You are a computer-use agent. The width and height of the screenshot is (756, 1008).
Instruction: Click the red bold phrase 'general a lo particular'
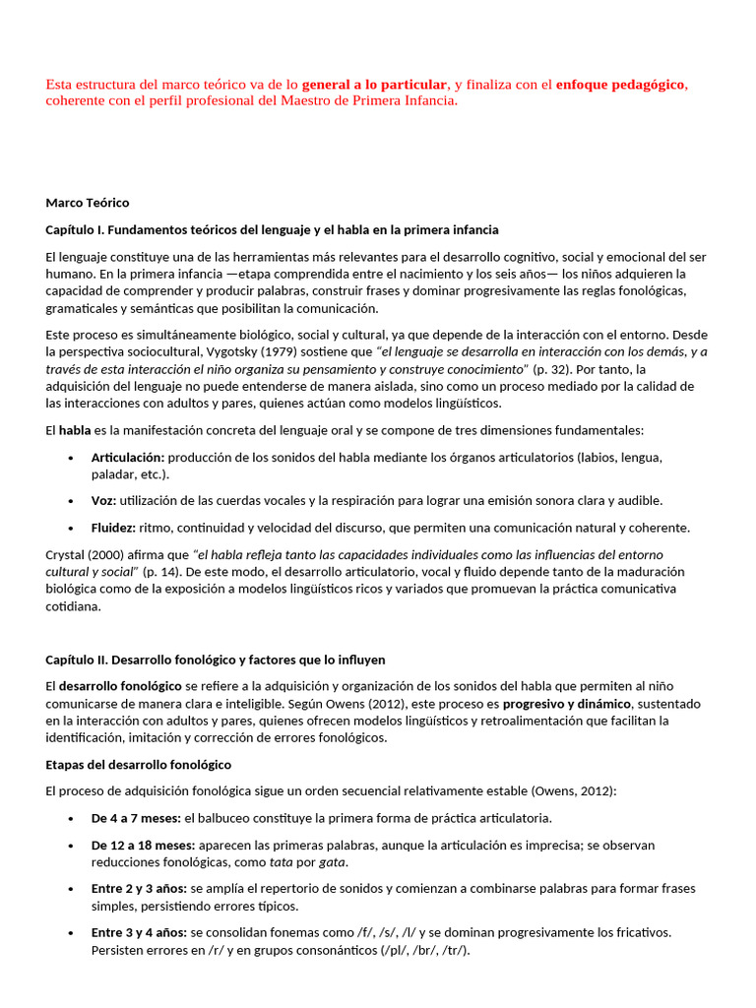coord(374,85)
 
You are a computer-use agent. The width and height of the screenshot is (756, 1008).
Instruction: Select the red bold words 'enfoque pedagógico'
coord(620,85)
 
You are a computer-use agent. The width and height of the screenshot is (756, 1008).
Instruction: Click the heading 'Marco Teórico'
coord(88,203)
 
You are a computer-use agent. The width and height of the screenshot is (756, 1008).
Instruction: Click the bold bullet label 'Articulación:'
coord(128,457)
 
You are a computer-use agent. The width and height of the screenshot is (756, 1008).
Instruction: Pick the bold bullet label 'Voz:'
coord(104,500)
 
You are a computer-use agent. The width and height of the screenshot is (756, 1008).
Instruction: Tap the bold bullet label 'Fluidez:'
coord(113,528)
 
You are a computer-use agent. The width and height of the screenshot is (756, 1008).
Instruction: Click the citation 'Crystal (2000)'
coord(88,554)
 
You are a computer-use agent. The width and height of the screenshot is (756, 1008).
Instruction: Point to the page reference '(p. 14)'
coord(163,571)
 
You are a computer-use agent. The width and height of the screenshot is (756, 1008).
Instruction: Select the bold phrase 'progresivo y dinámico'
coord(566,703)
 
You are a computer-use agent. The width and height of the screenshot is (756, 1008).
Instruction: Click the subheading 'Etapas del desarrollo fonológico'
coord(139,765)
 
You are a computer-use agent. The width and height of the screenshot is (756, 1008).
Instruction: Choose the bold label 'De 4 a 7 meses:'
coord(137,818)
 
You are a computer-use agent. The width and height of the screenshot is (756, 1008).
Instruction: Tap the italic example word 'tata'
coord(283,862)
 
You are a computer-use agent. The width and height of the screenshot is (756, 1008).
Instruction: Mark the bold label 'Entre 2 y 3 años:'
coord(139,888)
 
